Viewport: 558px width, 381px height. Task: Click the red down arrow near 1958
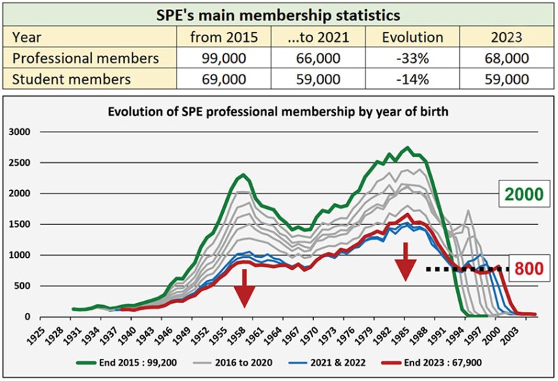pyautogui.click(x=244, y=288)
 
